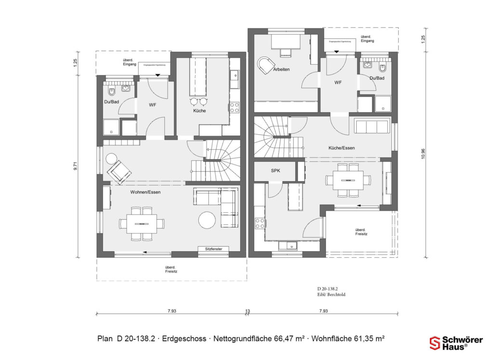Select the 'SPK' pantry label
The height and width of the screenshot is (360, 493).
coord(275,171)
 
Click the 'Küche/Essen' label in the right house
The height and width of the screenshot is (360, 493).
coord(342,148)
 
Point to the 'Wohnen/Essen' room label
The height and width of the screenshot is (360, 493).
coord(145,192)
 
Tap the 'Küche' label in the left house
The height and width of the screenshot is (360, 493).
coord(199,111)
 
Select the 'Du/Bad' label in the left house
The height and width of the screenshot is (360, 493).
coord(111,102)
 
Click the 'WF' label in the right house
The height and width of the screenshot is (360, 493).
coord(338,83)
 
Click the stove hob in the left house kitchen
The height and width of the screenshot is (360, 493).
coord(234,107)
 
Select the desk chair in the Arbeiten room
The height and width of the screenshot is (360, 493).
coord(264,65)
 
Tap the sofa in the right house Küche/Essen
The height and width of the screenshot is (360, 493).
coord(372,126)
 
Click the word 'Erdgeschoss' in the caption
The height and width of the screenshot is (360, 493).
coord(183,339)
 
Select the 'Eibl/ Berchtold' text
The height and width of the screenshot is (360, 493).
coord(331,294)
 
